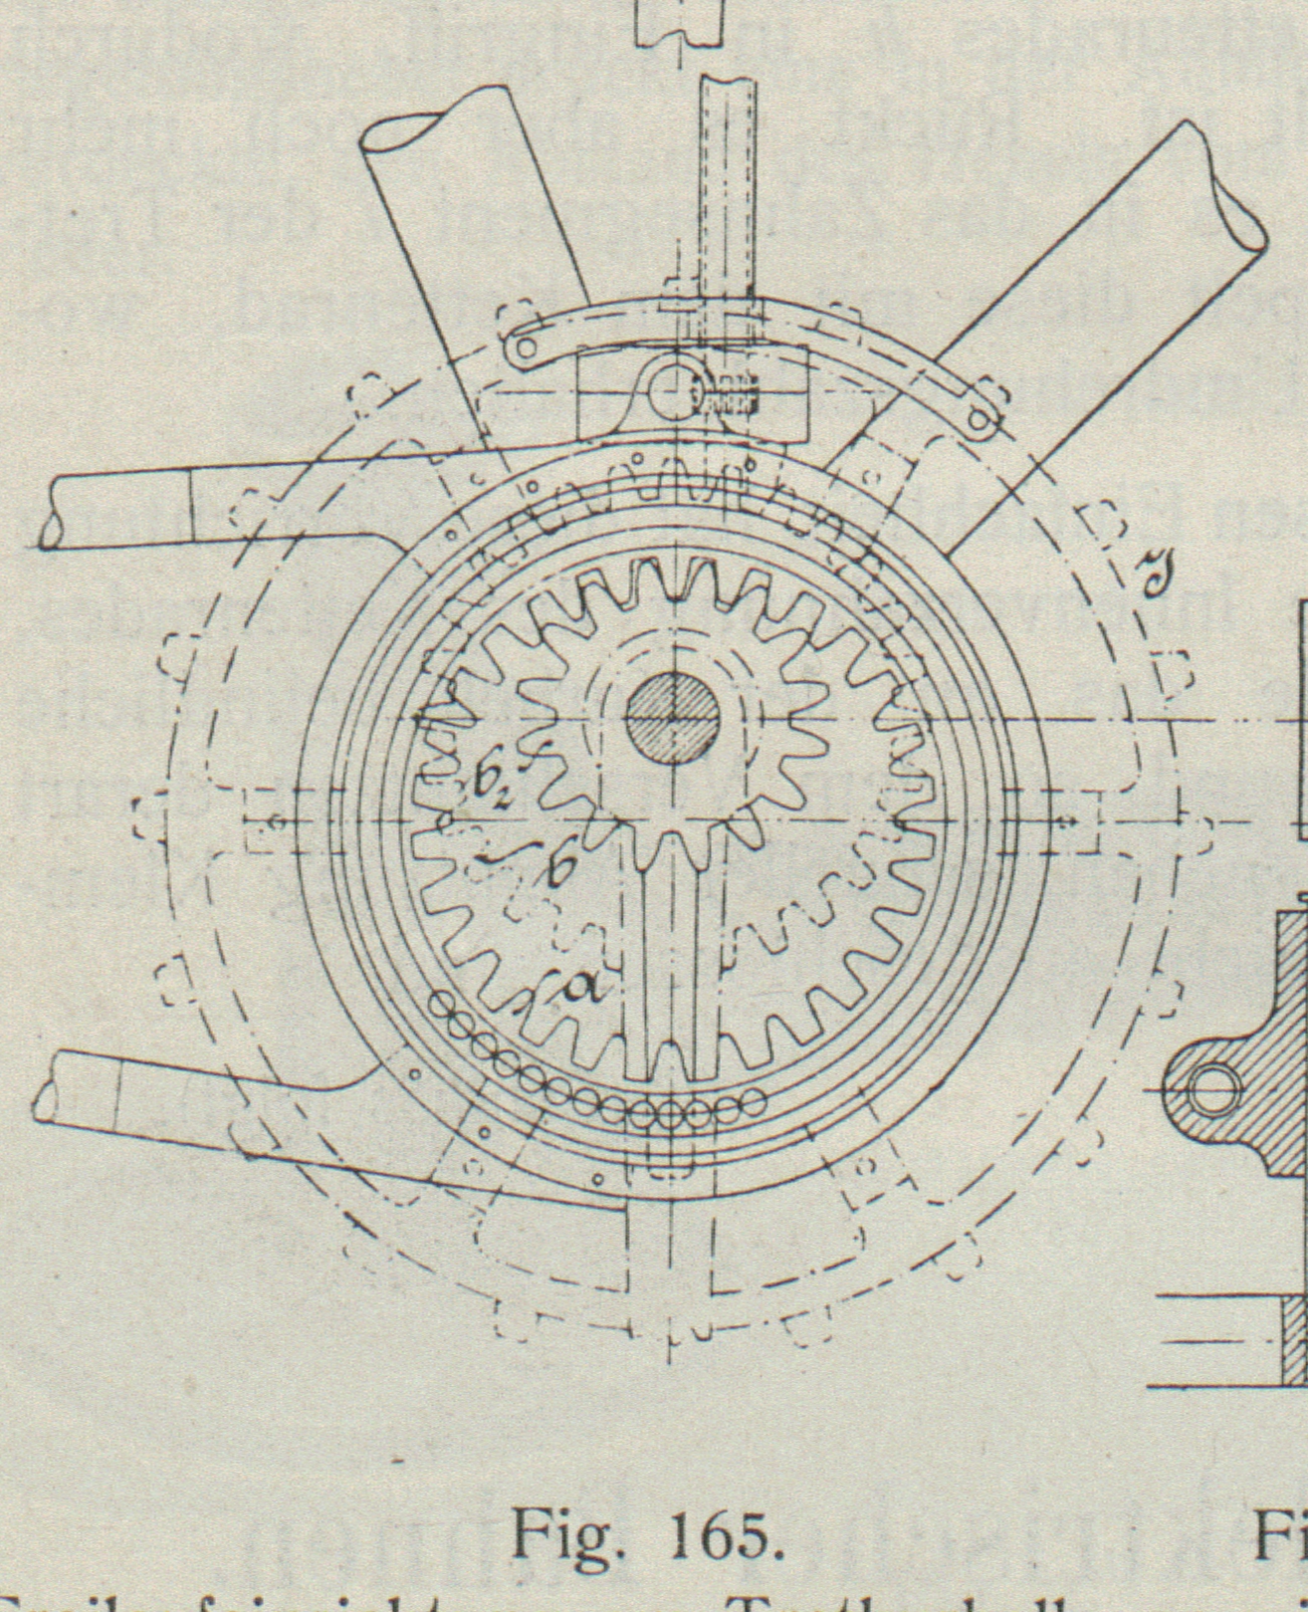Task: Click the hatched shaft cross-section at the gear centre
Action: click(x=673, y=719)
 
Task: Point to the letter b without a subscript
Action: click(x=559, y=868)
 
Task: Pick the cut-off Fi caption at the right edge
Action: click(x=1283, y=1537)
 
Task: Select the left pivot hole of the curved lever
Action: click(x=520, y=349)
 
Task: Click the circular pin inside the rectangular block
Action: click(x=677, y=391)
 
